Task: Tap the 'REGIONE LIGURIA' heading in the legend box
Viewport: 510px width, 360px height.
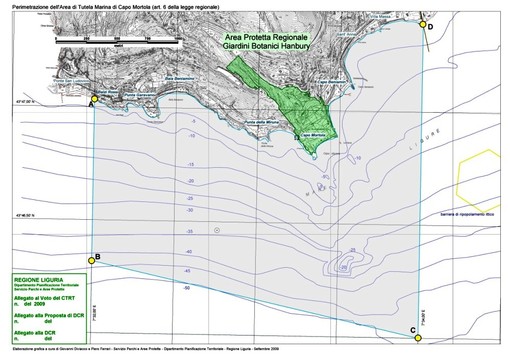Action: click(x=41, y=279)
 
